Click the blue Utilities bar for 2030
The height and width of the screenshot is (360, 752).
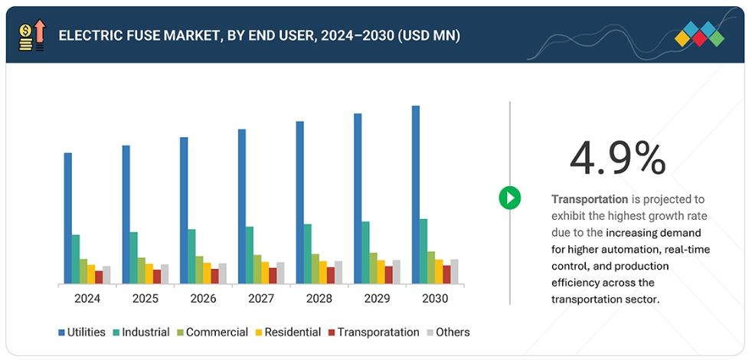pyautogui.click(x=416, y=195)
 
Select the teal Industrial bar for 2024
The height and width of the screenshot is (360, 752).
pyautogui.click(x=76, y=259)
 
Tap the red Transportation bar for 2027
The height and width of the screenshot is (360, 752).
pyautogui.click(x=273, y=276)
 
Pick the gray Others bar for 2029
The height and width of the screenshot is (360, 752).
pyautogui.click(x=396, y=272)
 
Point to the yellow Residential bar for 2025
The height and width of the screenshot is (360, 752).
pyautogui.click(x=149, y=274)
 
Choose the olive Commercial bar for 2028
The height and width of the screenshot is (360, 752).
pyautogui.click(x=315, y=269)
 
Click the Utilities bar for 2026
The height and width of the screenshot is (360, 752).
pyautogui.click(x=184, y=211)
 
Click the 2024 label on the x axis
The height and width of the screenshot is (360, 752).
pyautogui.click(x=87, y=298)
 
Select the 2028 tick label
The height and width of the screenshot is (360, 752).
pyautogui.click(x=319, y=298)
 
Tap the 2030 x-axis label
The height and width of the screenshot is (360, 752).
pyautogui.click(x=434, y=298)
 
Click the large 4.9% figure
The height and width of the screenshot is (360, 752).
pyautogui.click(x=617, y=159)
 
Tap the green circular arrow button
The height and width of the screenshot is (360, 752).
pyautogui.click(x=510, y=198)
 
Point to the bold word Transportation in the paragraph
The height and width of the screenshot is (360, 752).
pyautogui.click(x=589, y=198)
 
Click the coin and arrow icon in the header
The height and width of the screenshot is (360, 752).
pyautogui.click(x=31, y=35)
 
